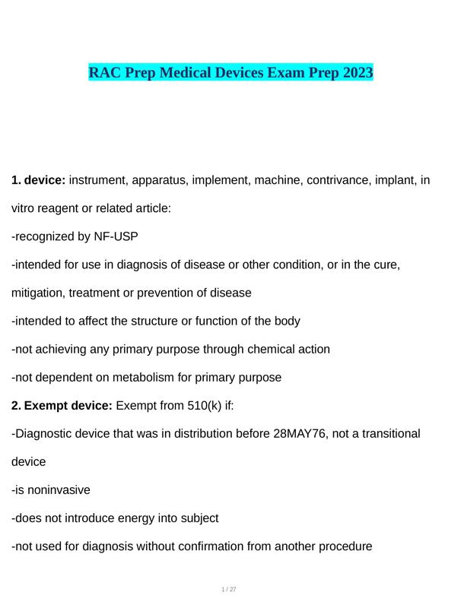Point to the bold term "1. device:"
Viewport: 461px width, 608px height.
click(39, 181)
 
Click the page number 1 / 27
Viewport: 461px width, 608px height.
click(229, 590)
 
